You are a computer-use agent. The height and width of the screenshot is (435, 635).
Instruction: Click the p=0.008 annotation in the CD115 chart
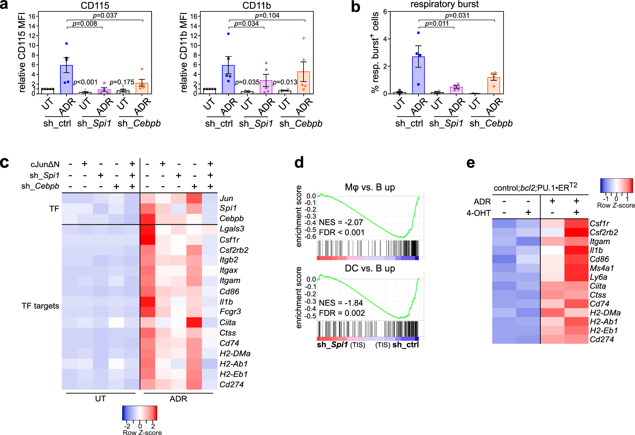click(x=85, y=23)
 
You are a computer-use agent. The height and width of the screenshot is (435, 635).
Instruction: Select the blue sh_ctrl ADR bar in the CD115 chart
click(x=66, y=79)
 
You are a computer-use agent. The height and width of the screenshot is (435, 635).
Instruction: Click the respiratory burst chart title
click(x=444, y=4)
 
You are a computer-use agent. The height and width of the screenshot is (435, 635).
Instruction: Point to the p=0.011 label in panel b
click(x=437, y=23)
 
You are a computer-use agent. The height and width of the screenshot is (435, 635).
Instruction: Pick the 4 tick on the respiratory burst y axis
click(x=385, y=39)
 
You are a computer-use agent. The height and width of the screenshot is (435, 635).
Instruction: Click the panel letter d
click(x=299, y=162)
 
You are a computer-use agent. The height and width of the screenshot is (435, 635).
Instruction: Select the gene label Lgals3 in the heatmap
click(x=232, y=229)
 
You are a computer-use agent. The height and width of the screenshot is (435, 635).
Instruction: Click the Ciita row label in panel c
click(x=228, y=323)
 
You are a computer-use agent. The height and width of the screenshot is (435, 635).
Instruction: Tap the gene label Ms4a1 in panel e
click(x=602, y=268)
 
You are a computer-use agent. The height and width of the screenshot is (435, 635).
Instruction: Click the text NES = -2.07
click(x=341, y=222)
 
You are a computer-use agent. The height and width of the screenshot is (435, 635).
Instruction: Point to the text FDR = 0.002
click(x=342, y=313)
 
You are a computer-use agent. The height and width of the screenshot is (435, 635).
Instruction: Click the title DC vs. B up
click(x=370, y=268)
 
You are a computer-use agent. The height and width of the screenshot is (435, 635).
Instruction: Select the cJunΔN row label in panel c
click(x=45, y=164)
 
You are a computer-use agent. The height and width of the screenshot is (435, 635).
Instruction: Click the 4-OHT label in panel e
click(x=478, y=213)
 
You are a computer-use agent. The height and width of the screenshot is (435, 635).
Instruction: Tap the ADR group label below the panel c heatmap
click(x=178, y=399)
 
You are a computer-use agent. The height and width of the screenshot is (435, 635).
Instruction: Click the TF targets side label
click(x=40, y=306)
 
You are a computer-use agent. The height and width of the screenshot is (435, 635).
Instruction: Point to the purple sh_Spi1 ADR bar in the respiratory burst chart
click(x=456, y=90)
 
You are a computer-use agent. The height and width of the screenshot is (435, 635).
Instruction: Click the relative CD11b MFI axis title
click(x=184, y=52)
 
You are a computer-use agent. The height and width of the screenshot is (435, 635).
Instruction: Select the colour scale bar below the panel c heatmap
click(x=140, y=413)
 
